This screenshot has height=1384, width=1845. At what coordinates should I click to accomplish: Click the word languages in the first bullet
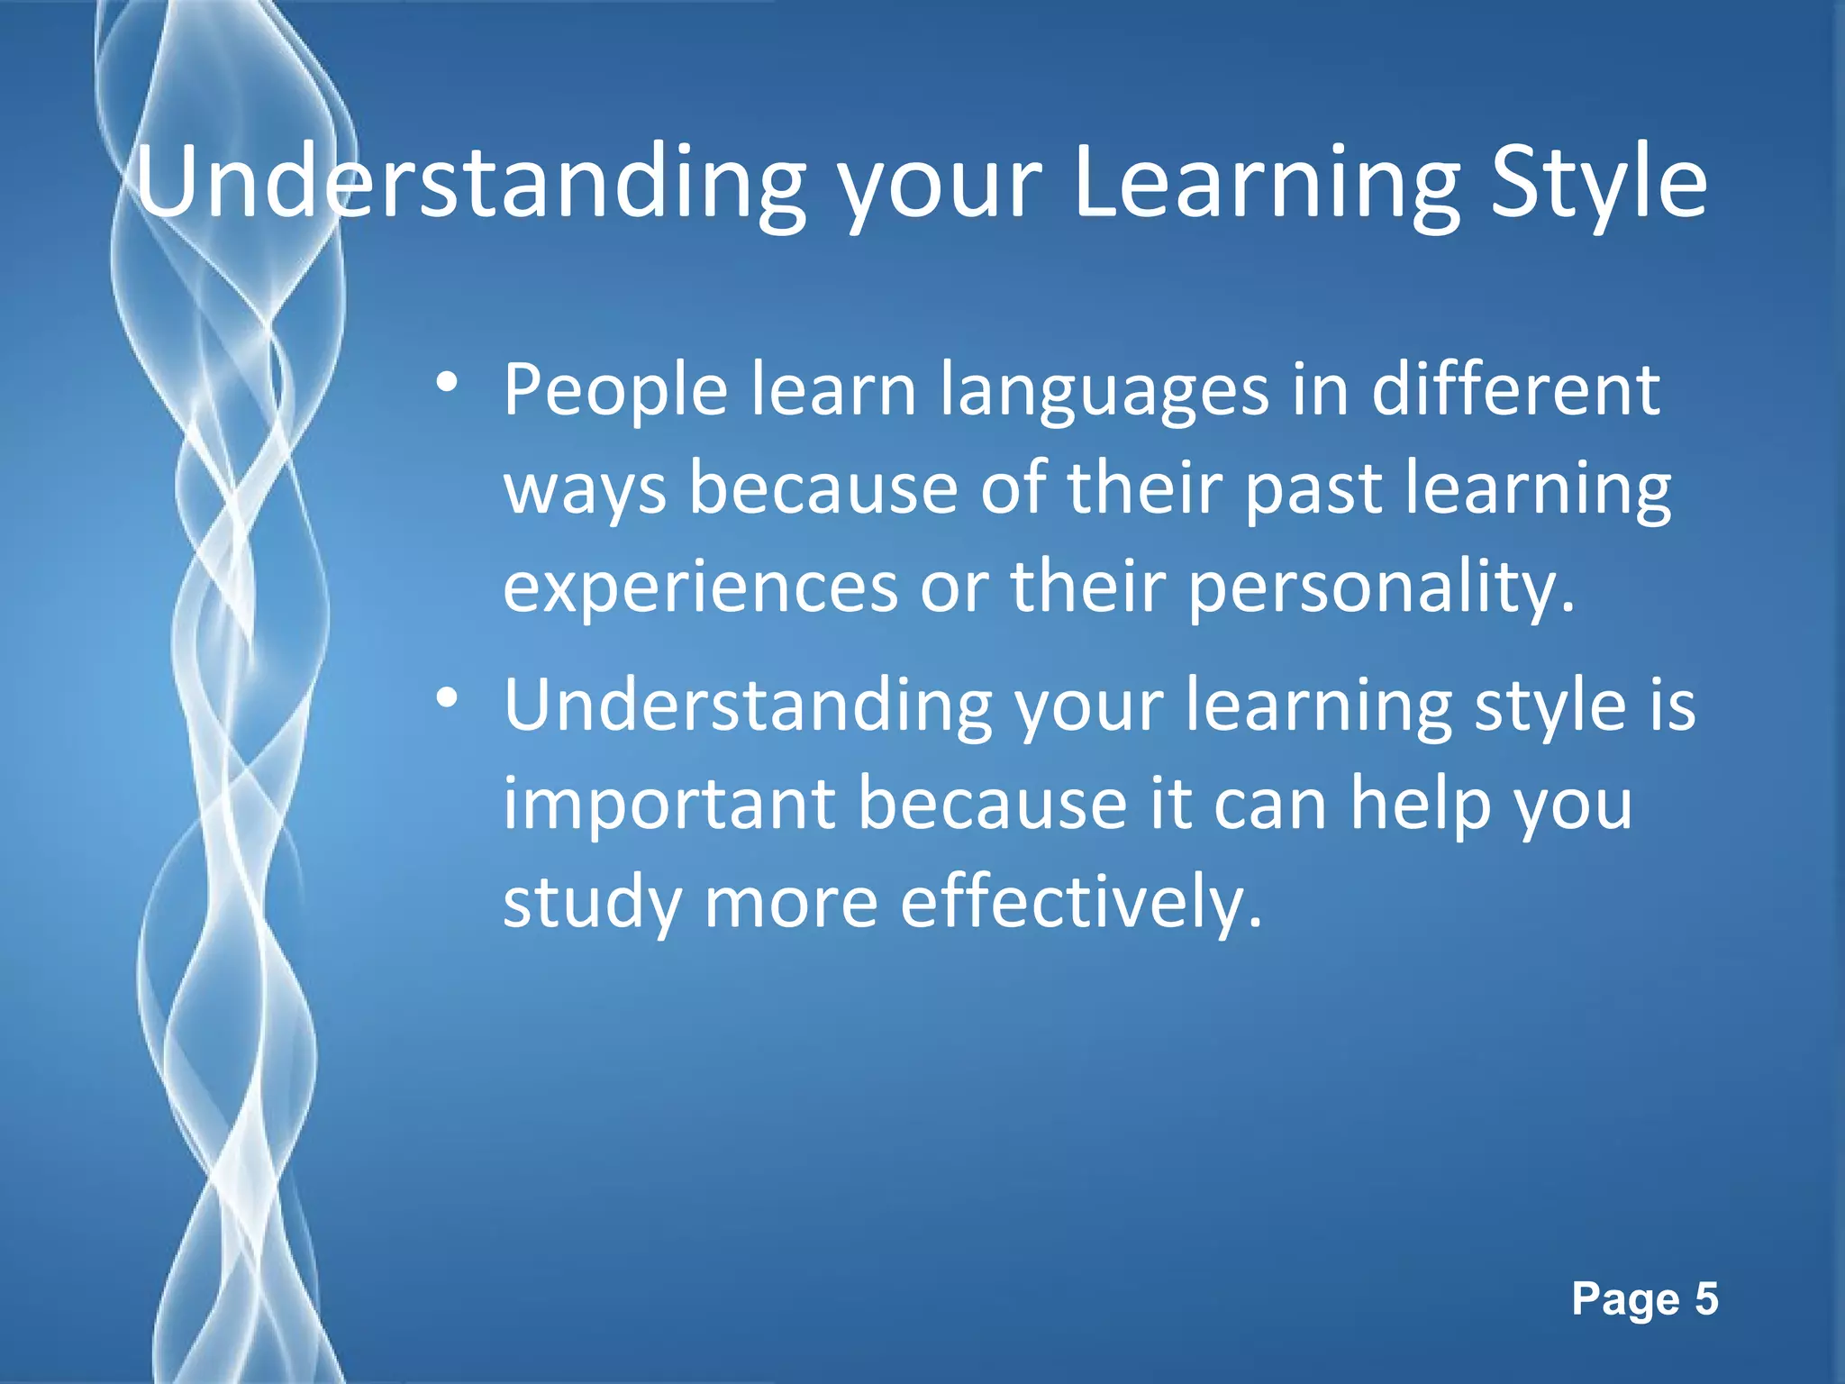(1104, 392)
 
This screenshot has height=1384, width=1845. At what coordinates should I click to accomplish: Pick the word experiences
(700, 587)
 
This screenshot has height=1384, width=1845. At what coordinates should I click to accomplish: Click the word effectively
(1081, 903)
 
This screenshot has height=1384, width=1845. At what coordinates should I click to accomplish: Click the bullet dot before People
(446, 384)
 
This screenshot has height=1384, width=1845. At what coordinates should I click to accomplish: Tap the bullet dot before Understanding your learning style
(446, 699)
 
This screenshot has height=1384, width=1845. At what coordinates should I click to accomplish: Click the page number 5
(1706, 1299)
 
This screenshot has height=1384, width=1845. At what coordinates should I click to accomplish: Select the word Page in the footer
(1626, 1299)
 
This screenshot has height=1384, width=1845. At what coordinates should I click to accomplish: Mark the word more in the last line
(790, 903)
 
